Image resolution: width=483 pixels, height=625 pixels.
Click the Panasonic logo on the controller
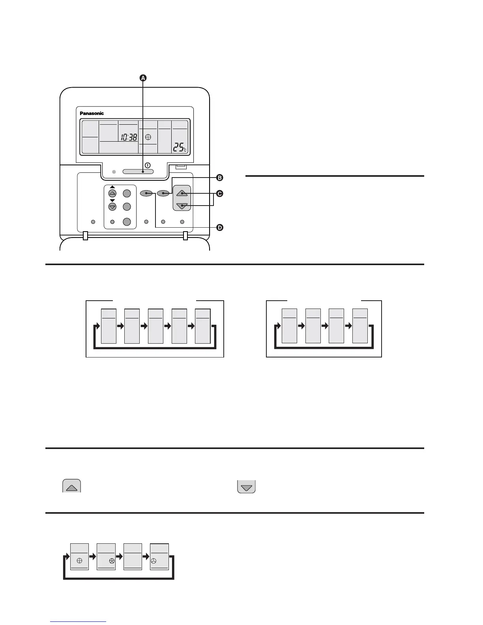(92, 113)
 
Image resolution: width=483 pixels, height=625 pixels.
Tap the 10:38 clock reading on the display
(129, 138)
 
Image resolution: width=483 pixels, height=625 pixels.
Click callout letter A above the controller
(143, 78)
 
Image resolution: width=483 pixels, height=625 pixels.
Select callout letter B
(220, 178)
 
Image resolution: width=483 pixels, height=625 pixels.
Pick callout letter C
(220, 193)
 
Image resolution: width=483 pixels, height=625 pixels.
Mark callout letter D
(220, 227)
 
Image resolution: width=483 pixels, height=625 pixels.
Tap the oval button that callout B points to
(163, 193)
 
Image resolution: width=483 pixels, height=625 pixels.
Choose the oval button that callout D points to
(146, 193)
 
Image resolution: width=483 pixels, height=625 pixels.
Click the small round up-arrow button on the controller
(112, 193)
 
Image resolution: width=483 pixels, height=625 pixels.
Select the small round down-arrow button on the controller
(112, 207)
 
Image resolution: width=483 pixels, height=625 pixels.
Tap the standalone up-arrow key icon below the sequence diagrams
(71, 486)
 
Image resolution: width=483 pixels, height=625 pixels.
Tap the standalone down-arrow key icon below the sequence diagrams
(246, 486)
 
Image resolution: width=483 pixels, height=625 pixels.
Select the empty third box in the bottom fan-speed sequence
(133, 556)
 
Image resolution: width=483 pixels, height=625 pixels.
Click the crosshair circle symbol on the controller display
(148, 137)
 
